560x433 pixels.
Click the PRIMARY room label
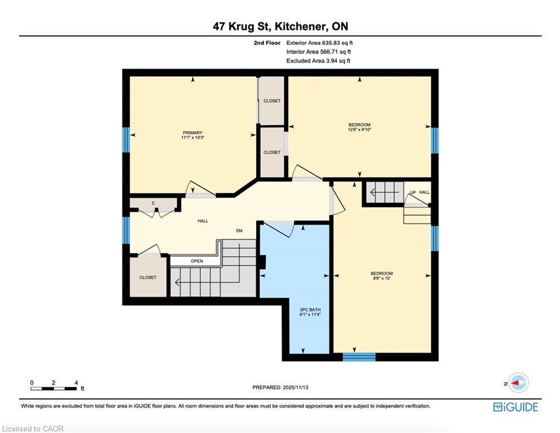point(192,132)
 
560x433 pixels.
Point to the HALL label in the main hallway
point(202,221)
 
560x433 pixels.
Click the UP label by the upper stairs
point(412,193)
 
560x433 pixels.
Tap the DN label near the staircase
point(239,231)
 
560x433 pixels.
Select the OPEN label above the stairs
point(197,261)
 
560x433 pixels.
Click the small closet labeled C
point(153,203)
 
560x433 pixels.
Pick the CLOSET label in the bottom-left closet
point(148,277)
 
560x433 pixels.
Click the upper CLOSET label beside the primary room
point(272,101)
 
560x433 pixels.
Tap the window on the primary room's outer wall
point(126,140)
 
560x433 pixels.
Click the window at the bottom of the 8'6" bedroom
point(359,356)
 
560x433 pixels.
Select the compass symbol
point(517,382)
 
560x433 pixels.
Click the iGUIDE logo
point(515,407)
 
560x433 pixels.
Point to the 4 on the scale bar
point(76,383)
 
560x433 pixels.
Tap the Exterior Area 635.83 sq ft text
point(319,43)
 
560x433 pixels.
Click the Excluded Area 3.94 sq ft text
point(318,61)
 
